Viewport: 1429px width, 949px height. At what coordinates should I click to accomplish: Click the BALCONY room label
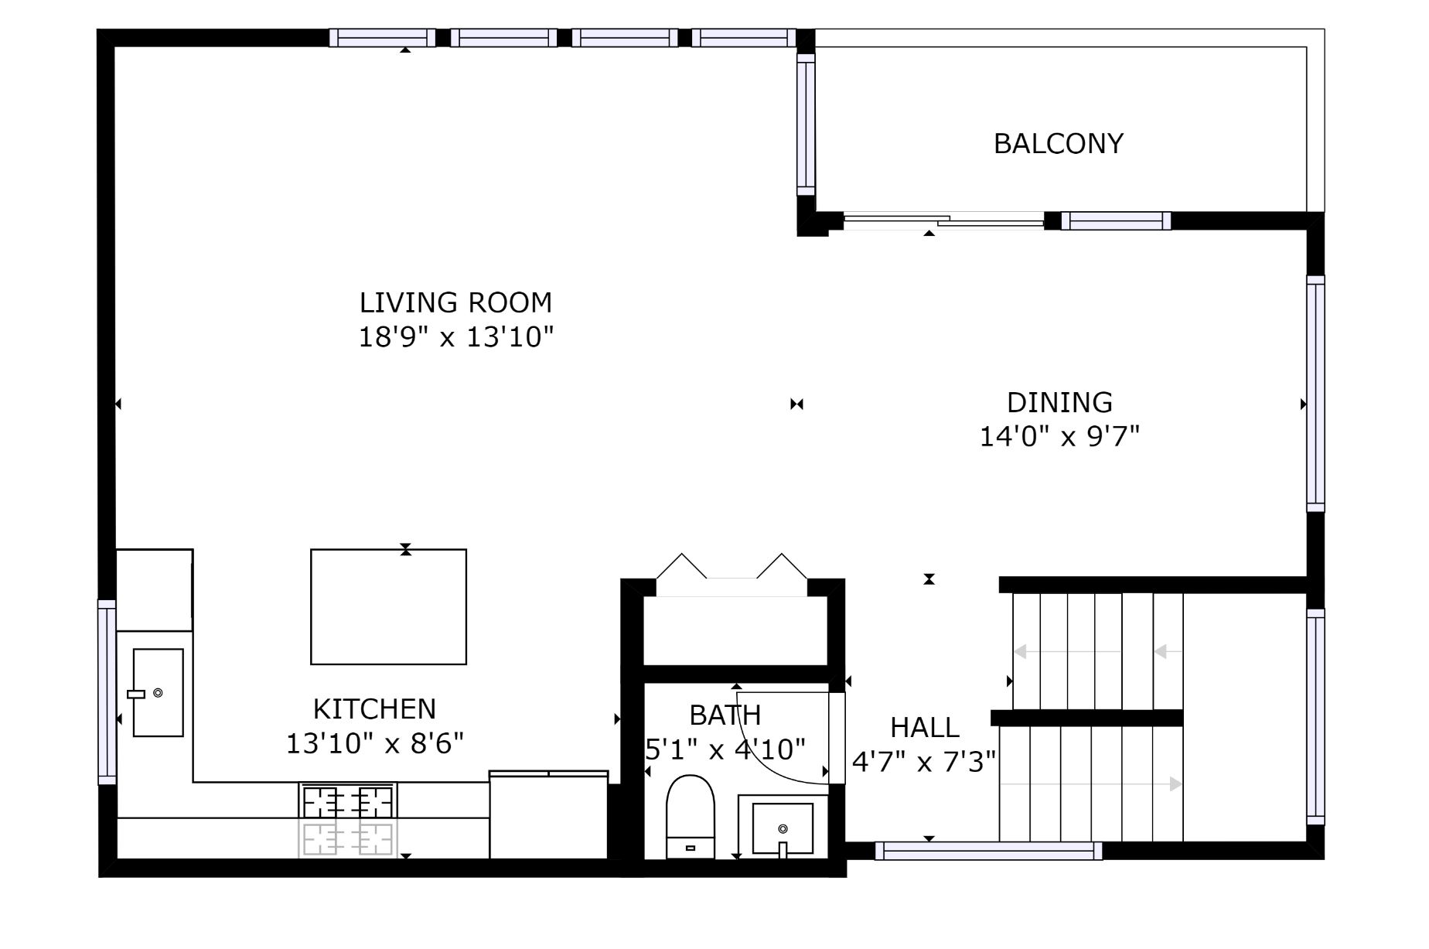click(x=1058, y=144)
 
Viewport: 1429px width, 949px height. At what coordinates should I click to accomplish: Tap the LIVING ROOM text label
click(x=455, y=302)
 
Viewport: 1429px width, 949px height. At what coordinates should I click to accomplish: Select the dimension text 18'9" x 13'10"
click(x=456, y=337)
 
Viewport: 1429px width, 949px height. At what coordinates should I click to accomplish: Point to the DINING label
click(x=1059, y=402)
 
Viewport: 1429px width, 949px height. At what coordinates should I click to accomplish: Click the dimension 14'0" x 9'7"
click(x=1059, y=437)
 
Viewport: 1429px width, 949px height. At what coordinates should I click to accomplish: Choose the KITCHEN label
click(x=374, y=708)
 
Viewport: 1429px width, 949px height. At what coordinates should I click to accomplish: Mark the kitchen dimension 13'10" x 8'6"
click(x=375, y=744)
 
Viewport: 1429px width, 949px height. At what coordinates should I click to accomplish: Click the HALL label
click(x=925, y=728)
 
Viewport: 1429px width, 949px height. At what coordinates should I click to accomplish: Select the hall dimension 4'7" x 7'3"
click(x=924, y=763)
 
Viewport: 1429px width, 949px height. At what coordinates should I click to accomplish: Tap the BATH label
click(x=725, y=715)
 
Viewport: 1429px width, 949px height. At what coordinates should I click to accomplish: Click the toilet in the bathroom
click(x=691, y=816)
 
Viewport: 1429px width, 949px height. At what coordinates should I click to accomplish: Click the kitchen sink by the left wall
click(x=158, y=692)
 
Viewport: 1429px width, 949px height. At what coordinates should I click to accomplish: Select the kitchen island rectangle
click(x=388, y=606)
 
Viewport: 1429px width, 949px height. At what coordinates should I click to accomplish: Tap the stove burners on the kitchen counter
click(x=348, y=801)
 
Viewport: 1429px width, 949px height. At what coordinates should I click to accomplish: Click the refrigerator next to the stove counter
click(x=549, y=814)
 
